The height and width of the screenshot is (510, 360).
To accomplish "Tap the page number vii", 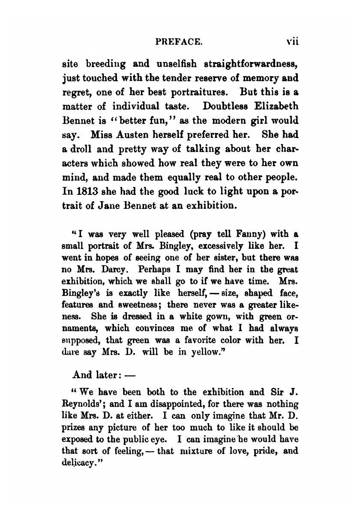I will point(293,42).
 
